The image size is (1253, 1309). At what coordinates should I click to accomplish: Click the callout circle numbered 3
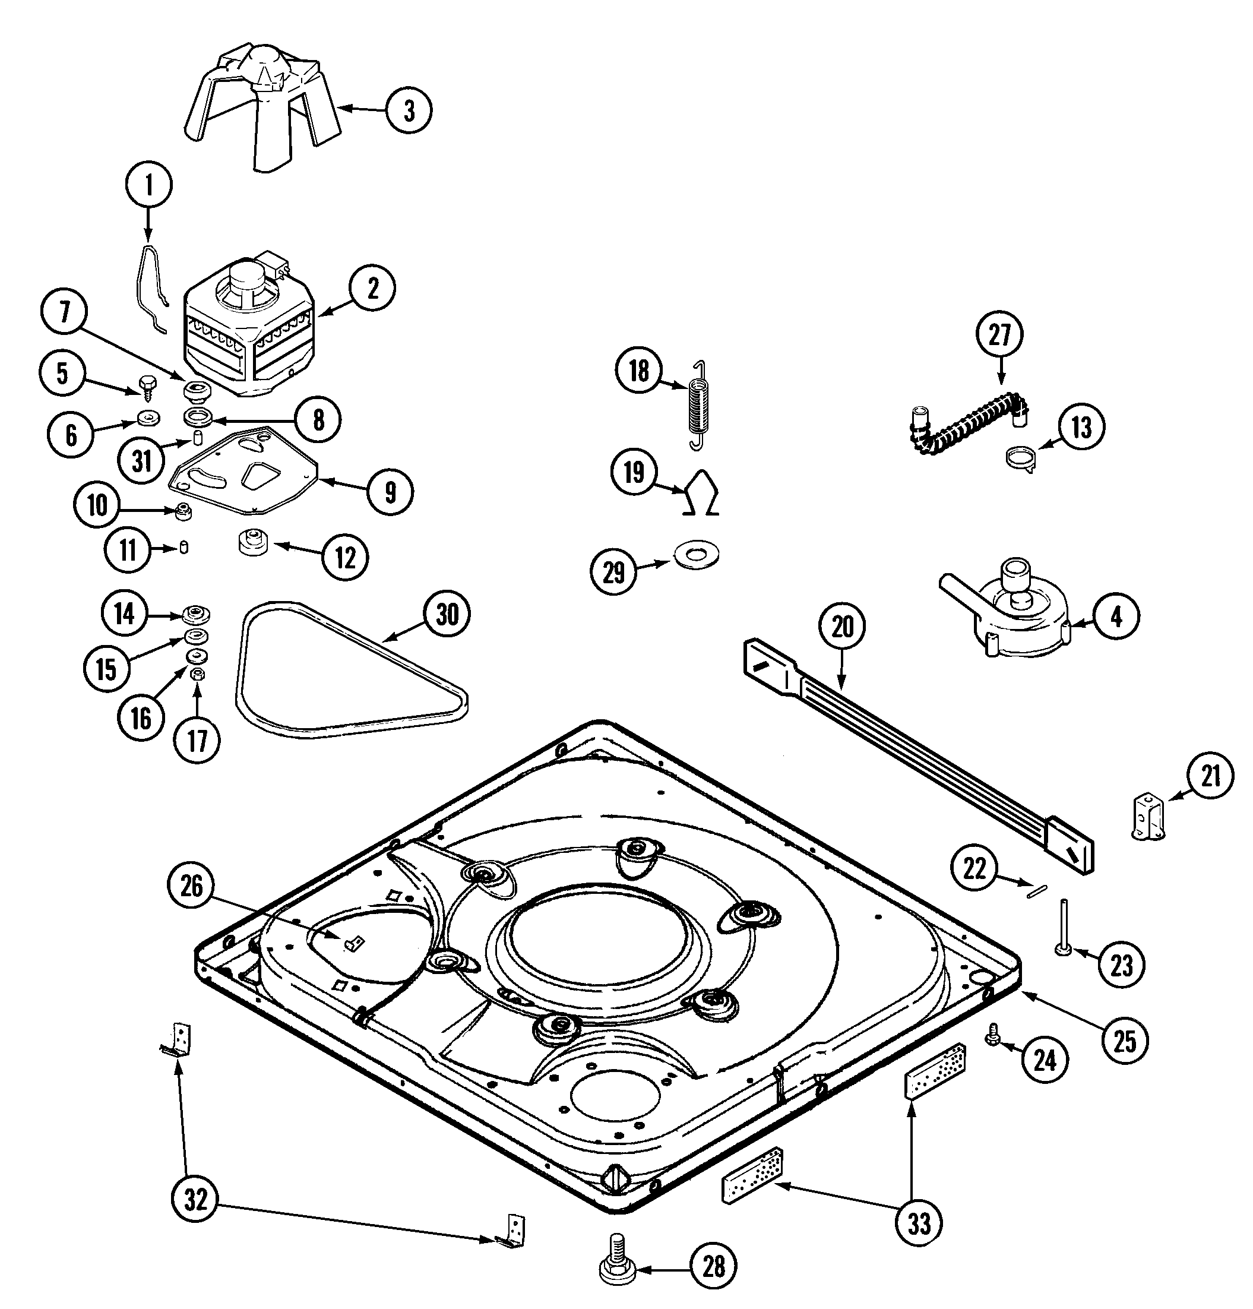tap(409, 110)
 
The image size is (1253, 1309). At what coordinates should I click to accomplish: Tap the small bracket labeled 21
tap(1148, 817)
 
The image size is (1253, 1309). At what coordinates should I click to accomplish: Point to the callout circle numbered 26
tap(192, 886)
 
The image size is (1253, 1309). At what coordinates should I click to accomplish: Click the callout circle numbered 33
tap(920, 1223)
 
